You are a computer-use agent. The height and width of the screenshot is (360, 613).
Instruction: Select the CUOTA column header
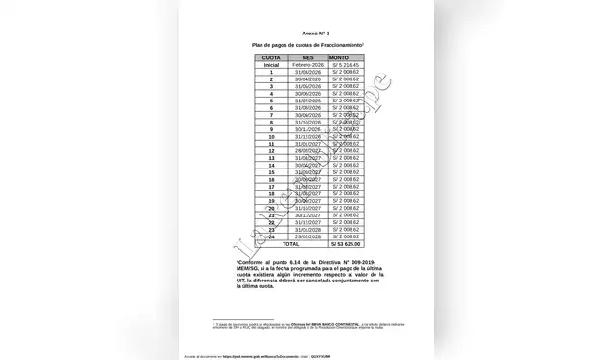pos(245,57)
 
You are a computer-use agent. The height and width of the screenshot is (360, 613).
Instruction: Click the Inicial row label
pos(245,64)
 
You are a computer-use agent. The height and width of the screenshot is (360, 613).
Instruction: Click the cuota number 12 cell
pos(245,150)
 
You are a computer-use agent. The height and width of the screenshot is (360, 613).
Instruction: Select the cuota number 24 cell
pos(245,236)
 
